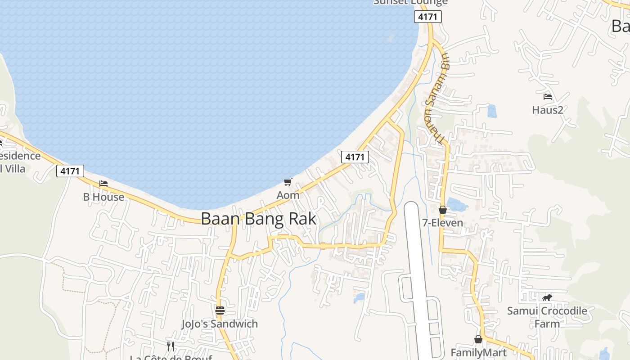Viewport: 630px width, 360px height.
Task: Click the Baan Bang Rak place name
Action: click(258, 219)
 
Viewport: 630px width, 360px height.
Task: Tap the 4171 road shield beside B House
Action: click(70, 171)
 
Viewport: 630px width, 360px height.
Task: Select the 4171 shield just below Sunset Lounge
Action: click(428, 17)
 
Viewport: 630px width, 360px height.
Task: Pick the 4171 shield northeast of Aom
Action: click(355, 157)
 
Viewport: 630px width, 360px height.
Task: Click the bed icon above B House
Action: click(103, 184)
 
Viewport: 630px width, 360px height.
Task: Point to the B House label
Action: click(103, 197)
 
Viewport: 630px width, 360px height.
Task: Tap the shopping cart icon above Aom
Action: click(288, 182)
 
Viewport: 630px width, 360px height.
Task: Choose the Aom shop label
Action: click(288, 195)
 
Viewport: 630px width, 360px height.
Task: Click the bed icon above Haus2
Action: click(548, 96)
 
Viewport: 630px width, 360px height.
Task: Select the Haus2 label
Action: click(548, 110)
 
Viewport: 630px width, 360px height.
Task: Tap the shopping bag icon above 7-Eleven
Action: click(443, 210)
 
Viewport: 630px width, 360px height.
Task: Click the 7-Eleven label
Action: click(443, 223)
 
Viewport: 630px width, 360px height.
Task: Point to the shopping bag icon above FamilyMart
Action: click(478, 339)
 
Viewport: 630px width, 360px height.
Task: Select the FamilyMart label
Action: click(479, 352)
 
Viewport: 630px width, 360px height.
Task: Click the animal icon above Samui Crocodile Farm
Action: click(547, 297)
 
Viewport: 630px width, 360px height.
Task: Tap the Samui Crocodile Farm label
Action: click(547, 317)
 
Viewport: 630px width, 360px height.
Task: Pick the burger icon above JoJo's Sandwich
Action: click(220, 310)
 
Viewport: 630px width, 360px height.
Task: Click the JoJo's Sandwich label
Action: click(220, 324)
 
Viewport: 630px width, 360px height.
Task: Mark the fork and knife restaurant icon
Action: click(171, 346)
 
